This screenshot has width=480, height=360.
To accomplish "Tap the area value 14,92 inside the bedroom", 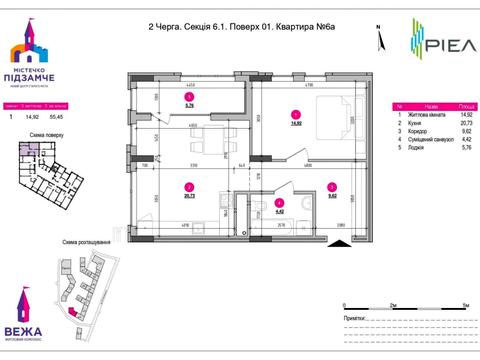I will pyautogui.click(x=296, y=123).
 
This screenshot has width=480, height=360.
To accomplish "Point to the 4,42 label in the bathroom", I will pyautogui.click(x=279, y=212).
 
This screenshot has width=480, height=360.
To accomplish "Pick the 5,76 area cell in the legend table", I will pyautogui.click(x=464, y=151).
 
